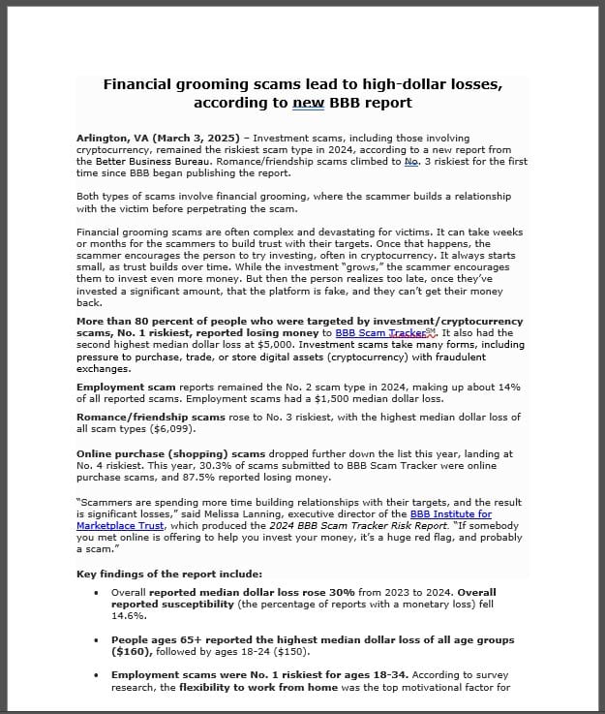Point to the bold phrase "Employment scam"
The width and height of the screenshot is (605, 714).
coord(126,387)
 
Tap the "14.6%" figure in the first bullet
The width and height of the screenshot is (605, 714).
coord(129,614)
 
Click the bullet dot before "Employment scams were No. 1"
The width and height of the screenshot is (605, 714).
coord(96,674)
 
